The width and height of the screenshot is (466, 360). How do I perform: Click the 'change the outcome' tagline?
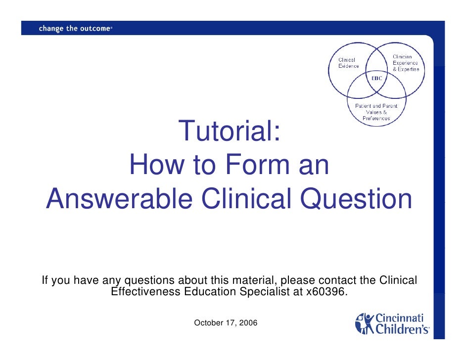click(75, 29)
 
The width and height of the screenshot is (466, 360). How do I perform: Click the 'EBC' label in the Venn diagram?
click(377, 79)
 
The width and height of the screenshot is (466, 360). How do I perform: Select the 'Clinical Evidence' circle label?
click(348, 63)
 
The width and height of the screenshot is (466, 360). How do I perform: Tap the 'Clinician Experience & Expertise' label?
click(405, 63)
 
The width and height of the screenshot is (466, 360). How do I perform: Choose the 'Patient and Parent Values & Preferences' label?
click(376, 112)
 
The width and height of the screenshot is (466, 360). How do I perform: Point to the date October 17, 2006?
click(225, 323)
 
